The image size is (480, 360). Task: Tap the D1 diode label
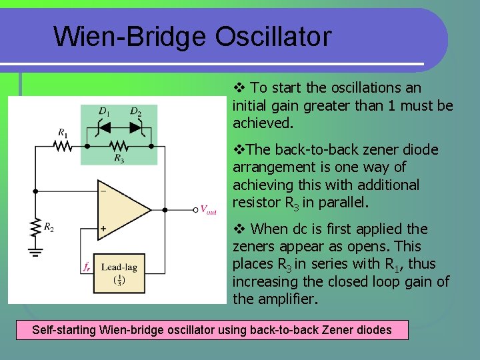point(104,111)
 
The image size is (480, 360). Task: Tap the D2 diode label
point(135,111)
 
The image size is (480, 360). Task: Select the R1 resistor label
point(62,133)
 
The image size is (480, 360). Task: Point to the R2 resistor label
point(49,227)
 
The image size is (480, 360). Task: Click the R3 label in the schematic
point(119,159)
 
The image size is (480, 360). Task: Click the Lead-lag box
point(119,273)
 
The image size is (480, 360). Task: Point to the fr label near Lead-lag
point(87,267)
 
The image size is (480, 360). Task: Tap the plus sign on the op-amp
point(103,229)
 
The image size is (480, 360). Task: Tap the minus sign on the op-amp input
point(103,190)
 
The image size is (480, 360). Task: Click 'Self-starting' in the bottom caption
point(63,329)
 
